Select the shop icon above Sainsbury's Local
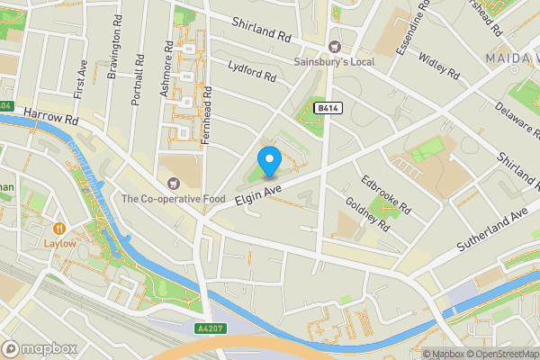335,47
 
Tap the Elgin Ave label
258,192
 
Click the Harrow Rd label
53,116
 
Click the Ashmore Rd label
165,67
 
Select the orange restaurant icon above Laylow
59,228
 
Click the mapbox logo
39,348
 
